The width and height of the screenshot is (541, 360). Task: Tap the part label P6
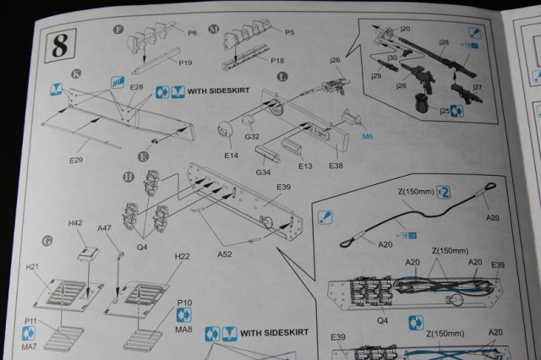192,33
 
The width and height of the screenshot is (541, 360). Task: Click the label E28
138,88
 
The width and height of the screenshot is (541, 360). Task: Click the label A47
104,228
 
